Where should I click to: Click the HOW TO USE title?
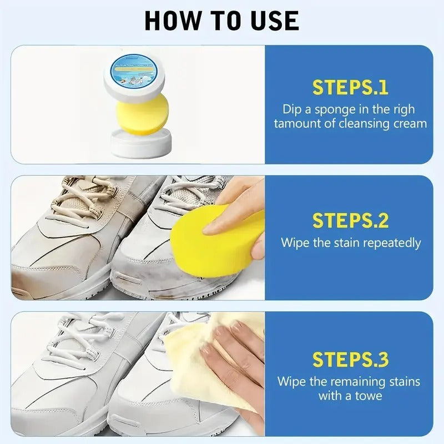point(222,20)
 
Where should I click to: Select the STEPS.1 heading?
point(350,88)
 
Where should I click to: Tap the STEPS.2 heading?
point(350,221)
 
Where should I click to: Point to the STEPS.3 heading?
point(350,360)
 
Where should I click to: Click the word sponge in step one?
point(340,109)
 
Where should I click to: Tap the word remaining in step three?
point(359,381)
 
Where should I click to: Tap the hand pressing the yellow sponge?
point(236,208)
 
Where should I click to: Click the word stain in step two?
point(342,243)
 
